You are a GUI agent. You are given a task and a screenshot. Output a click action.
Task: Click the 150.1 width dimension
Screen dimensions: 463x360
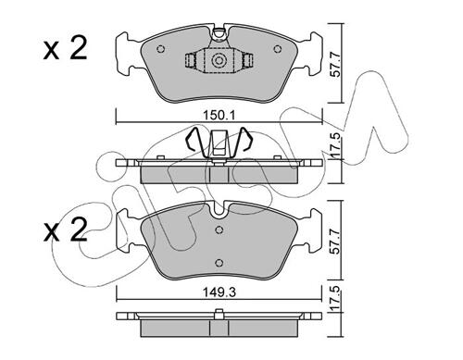(x=219, y=116)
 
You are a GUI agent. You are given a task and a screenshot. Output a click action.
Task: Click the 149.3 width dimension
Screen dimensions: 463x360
(x=219, y=292)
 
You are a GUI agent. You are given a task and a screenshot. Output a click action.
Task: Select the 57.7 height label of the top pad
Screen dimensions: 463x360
(x=336, y=65)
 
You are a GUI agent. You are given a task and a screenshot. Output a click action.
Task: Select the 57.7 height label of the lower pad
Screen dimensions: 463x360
(x=336, y=242)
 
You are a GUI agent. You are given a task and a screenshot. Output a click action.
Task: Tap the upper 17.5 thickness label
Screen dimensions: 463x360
(x=336, y=145)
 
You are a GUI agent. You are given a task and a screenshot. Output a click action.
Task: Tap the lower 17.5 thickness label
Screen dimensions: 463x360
(x=336, y=299)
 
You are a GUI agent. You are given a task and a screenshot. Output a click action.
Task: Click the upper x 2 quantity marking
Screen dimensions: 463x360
(x=65, y=49)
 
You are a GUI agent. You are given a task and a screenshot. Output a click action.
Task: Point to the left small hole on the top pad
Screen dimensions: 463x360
(x=160, y=49)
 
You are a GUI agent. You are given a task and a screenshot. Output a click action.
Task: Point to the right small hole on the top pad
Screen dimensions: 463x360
(x=278, y=49)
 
